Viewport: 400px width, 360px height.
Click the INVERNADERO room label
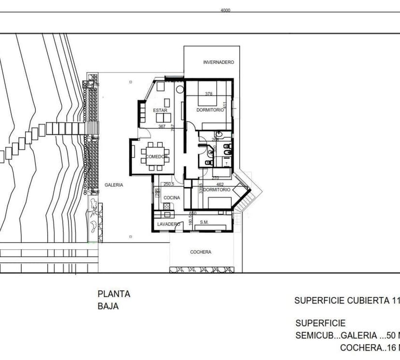tap(218, 62)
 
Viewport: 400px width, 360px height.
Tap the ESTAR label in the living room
tap(160, 111)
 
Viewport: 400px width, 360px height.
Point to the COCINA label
tap(171, 198)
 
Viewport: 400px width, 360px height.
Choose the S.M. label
tap(204, 222)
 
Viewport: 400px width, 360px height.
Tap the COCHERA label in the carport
tap(200, 252)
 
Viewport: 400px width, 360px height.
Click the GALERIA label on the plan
tap(114, 185)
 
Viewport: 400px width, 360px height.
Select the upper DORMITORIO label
tap(210, 111)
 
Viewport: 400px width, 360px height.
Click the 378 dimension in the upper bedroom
tap(209, 94)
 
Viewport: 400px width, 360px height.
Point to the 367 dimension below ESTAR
tap(162, 127)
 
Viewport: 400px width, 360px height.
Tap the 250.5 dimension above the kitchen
tap(169, 184)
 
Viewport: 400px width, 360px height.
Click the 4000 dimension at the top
tap(225, 10)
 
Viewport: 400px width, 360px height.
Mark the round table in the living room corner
tap(180, 89)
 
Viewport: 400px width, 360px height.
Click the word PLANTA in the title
tap(114, 294)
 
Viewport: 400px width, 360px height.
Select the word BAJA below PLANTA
tap(108, 306)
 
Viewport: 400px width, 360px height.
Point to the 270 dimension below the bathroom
tap(215, 178)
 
